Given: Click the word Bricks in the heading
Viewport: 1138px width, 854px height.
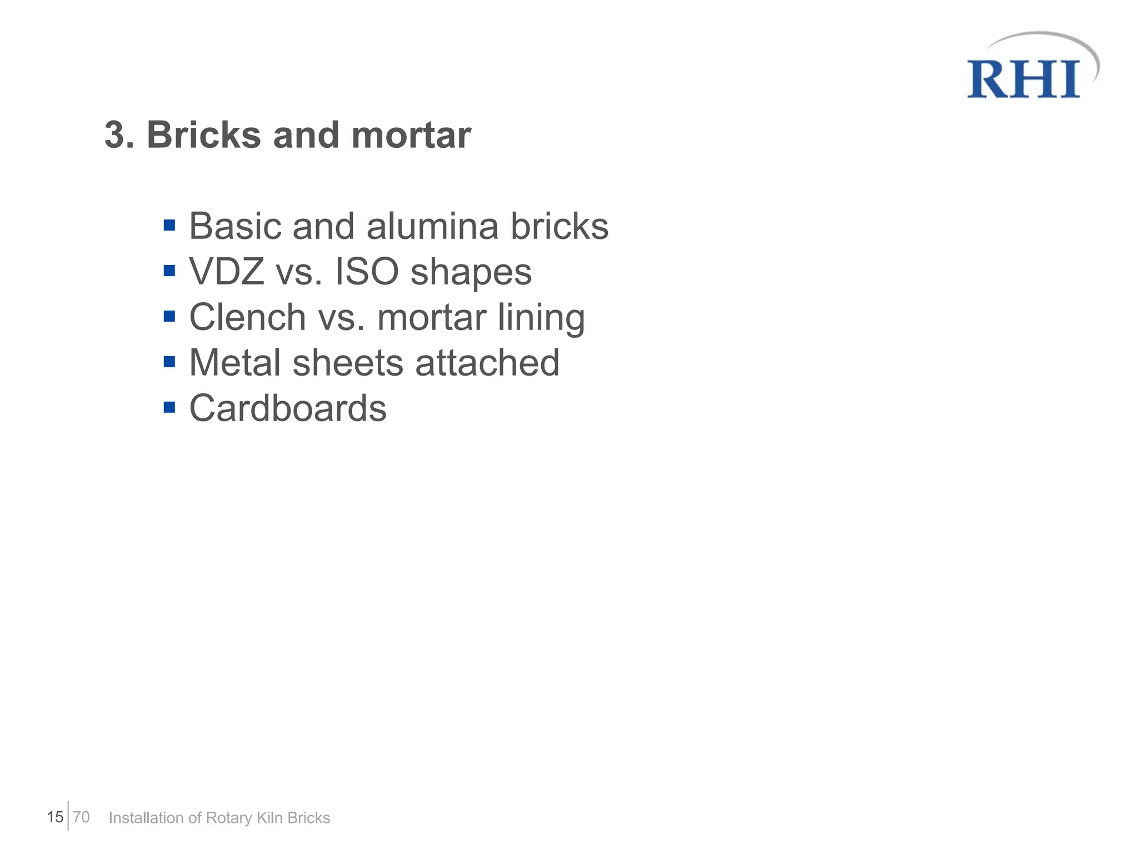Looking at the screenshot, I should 203,135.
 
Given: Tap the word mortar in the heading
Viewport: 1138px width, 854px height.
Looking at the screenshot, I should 411,135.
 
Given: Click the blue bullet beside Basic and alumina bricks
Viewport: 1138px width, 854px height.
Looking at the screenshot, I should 169,226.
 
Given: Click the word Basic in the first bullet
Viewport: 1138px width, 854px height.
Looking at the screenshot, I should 236,226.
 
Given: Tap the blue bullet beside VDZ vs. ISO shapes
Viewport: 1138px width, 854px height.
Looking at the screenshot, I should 169,271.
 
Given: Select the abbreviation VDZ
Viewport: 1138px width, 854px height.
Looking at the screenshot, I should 227,272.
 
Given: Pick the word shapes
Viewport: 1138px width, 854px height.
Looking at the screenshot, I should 471,273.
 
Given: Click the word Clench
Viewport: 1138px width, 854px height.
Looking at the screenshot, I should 247,317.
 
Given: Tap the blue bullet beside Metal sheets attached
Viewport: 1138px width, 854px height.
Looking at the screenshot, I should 169,362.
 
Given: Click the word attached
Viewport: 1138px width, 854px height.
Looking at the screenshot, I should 487,363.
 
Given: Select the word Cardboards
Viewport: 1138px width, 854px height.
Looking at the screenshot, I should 288,408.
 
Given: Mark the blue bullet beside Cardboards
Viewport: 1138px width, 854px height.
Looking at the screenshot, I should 169,408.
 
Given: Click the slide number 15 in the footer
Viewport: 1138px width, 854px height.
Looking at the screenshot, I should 55,817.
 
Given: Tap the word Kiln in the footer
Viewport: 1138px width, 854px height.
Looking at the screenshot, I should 269,818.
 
